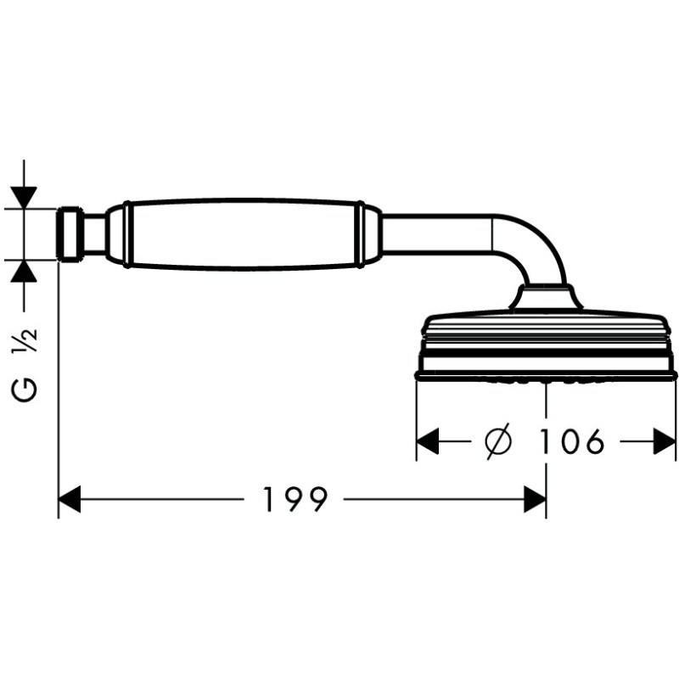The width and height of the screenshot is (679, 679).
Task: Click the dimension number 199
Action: pyautogui.click(x=295, y=499)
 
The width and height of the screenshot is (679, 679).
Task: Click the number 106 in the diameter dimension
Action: pyautogui.click(x=570, y=441)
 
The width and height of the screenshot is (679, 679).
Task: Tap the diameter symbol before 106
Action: pyautogui.click(x=498, y=441)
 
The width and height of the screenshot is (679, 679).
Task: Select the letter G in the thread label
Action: pyautogui.click(x=25, y=390)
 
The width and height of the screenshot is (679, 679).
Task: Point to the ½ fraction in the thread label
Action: pyautogui.click(x=25, y=340)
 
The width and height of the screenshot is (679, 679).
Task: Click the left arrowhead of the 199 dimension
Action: pyautogui.click(x=70, y=499)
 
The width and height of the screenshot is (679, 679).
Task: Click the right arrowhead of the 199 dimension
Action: pyautogui.click(x=535, y=499)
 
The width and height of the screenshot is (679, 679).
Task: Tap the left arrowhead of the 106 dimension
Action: pyautogui.click(x=428, y=441)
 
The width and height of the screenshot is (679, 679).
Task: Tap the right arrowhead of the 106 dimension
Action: pyautogui.click(x=664, y=441)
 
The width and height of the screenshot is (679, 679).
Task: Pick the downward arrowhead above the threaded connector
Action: pyautogui.click(x=25, y=198)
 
